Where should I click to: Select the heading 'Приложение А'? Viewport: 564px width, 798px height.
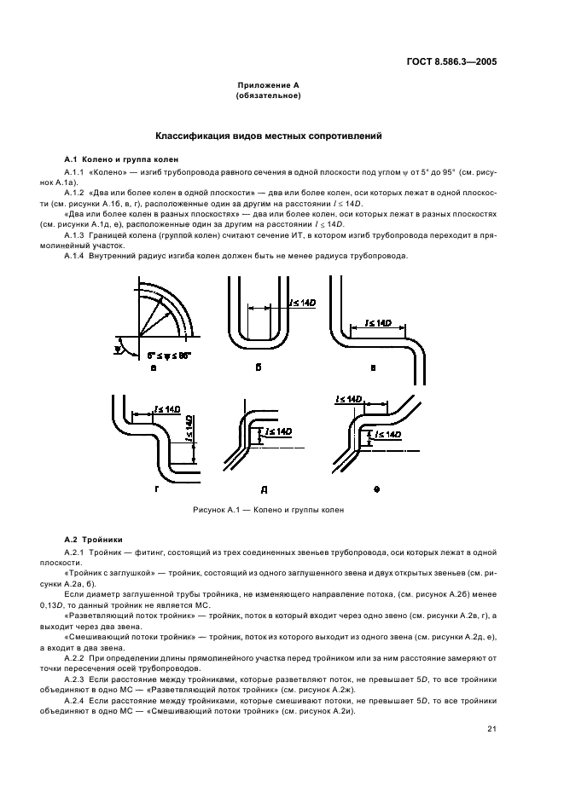pyautogui.click(x=268, y=87)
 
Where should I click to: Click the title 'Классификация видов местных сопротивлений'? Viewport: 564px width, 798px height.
pyautogui.click(x=267, y=136)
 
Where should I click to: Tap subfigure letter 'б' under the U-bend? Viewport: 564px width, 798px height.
pyautogui.click(x=259, y=367)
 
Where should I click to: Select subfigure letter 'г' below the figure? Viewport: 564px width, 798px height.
pyautogui.click(x=156, y=489)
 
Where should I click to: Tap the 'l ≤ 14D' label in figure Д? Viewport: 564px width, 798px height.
pyautogui.click(x=278, y=432)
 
